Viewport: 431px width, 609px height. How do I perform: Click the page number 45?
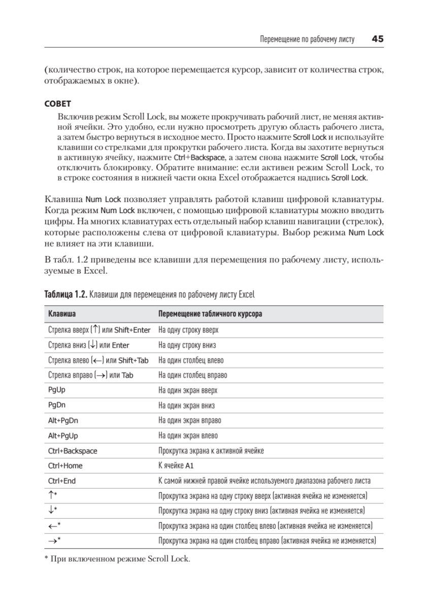[377, 39]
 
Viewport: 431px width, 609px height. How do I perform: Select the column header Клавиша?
[62, 315]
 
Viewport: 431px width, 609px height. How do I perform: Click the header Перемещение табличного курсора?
[210, 315]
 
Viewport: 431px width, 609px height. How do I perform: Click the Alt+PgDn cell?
[63, 421]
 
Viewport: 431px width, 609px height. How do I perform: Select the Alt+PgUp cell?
[63, 435]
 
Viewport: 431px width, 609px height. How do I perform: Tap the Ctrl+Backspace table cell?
[73, 451]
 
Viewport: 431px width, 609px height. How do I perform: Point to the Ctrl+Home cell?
[65, 466]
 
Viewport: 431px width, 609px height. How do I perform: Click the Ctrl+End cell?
[62, 481]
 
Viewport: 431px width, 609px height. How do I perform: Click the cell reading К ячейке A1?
[176, 466]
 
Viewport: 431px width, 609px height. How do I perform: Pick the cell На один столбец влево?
[191, 360]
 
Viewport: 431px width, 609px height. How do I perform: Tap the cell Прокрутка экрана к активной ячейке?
[211, 451]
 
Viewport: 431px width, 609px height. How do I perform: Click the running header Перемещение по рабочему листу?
[307, 39]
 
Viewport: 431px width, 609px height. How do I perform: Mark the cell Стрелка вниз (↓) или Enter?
[89, 345]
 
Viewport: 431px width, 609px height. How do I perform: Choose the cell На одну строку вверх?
[188, 330]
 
